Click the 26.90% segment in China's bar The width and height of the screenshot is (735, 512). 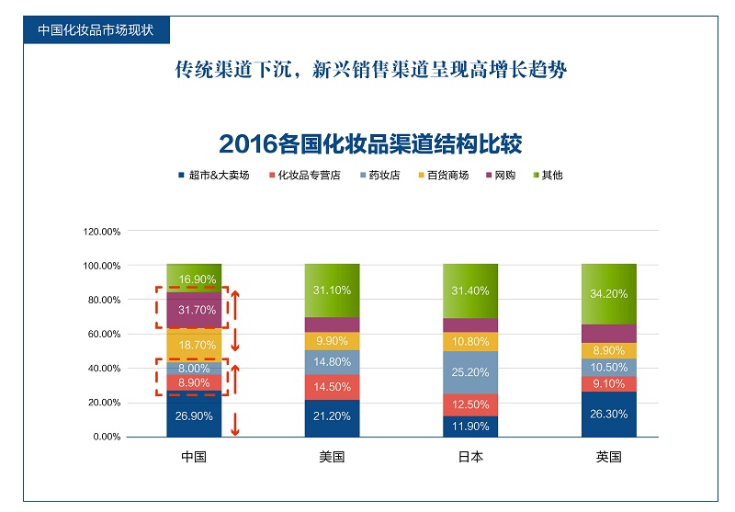coord(194,415)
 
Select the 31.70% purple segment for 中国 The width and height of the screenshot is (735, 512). coord(194,309)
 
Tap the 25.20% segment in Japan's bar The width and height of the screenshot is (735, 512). coord(470,372)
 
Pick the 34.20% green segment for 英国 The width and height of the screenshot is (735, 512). coord(608,294)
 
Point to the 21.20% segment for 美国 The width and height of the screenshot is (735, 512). coord(332,418)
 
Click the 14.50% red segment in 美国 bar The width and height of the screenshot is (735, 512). coord(332,387)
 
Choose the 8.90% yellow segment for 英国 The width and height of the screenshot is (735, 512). coord(608,350)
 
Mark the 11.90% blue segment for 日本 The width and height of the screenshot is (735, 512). coord(470,426)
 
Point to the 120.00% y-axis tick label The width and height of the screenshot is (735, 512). coord(102,232)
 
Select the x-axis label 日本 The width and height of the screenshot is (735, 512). coord(470,456)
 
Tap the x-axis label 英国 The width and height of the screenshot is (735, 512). coord(608,456)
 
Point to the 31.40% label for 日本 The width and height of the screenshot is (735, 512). coord(470,290)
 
